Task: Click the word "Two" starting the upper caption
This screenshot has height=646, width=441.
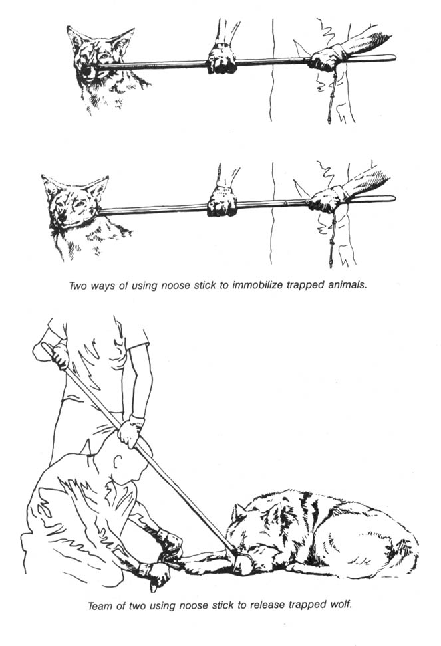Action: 77,286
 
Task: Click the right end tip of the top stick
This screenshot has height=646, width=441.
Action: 395,58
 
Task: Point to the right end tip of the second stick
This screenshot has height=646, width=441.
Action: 394,199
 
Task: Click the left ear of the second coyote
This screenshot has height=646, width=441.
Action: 49,183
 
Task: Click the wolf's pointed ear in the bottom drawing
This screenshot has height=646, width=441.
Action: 239,513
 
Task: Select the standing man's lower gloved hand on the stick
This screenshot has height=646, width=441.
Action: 130,431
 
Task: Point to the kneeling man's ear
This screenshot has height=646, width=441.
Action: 118,460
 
